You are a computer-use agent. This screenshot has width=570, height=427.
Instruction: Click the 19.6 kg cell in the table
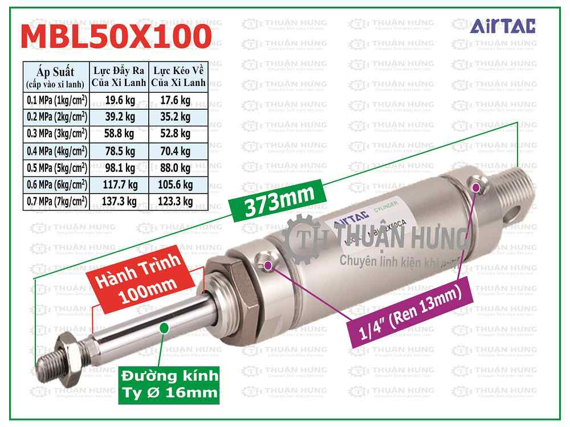click(120, 102)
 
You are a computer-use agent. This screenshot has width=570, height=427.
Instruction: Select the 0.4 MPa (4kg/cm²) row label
click(56, 151)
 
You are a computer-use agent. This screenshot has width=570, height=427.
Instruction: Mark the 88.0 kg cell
click(178, 168)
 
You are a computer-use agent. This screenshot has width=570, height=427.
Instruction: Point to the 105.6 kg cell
click(178, 184)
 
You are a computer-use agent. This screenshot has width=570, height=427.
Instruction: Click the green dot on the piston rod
click(165, 327)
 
